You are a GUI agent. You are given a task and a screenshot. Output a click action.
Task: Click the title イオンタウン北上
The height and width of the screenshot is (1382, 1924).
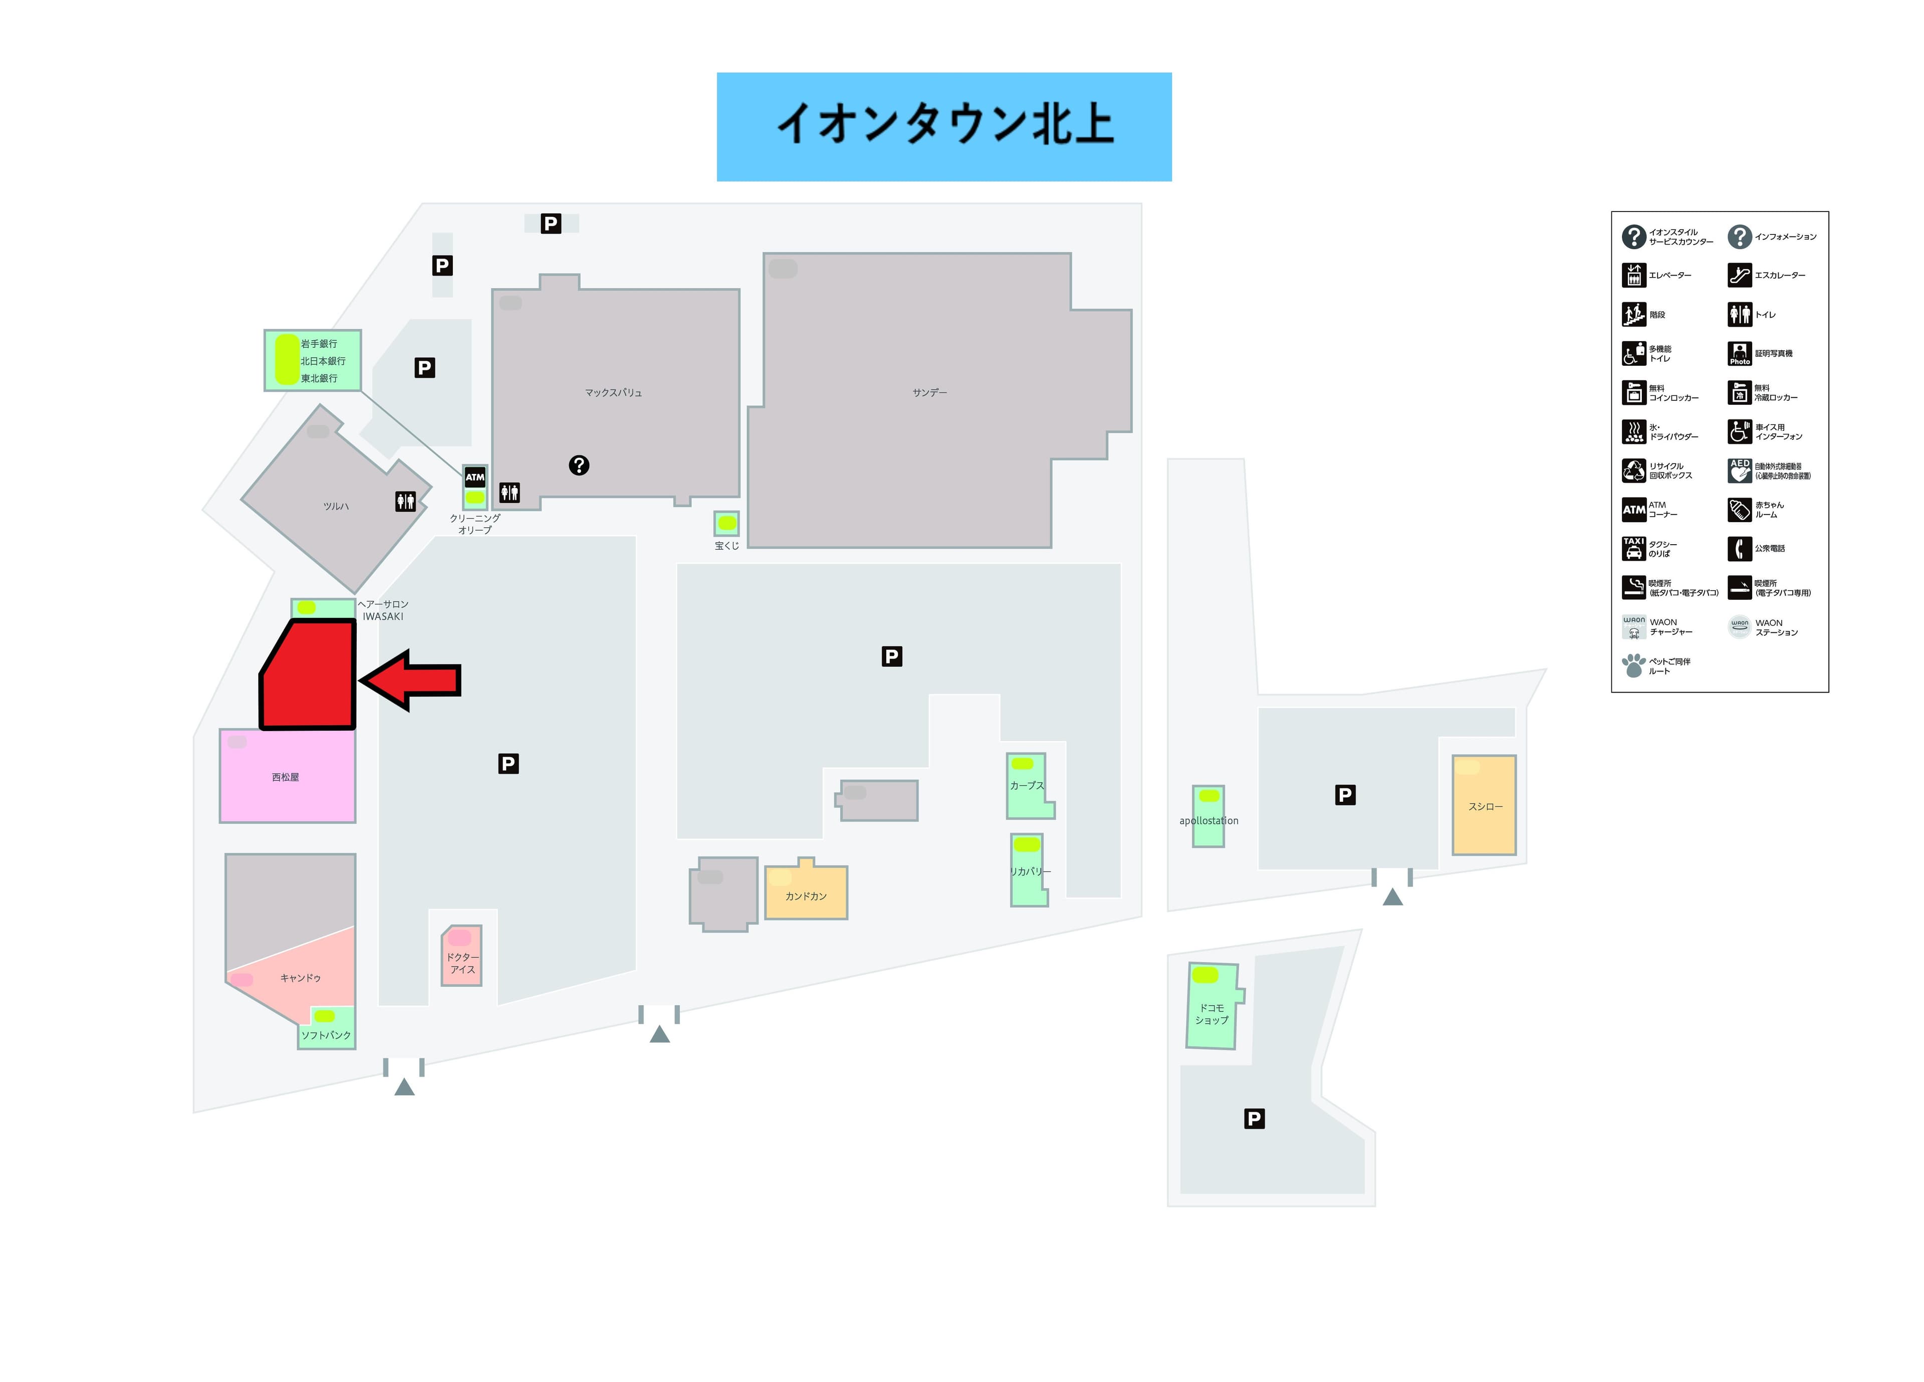pyautogui.click(x=943, y=126)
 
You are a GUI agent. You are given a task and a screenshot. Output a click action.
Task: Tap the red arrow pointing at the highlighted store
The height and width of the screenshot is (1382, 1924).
pyautogui.click(x=413, y=679)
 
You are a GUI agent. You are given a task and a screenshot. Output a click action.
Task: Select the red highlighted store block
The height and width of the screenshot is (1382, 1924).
pyautogui.click(x=309, y=676)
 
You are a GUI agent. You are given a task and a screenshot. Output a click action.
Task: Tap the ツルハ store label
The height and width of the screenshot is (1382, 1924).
pyautogui.click(x=336, y=507)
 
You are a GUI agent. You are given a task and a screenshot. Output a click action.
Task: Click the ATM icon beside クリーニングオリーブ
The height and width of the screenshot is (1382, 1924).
pyautogui.click(x=475, y=477)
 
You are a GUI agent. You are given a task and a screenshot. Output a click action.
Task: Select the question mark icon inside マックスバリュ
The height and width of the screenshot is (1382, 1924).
pyautogui.click(x=579, y=465)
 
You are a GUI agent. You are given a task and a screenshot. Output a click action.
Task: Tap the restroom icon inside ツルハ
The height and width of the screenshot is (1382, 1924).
pyautogui.click(x=405, y=502)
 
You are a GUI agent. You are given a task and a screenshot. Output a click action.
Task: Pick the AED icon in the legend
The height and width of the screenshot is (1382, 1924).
pyautogui.click(x=1739, y=470)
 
